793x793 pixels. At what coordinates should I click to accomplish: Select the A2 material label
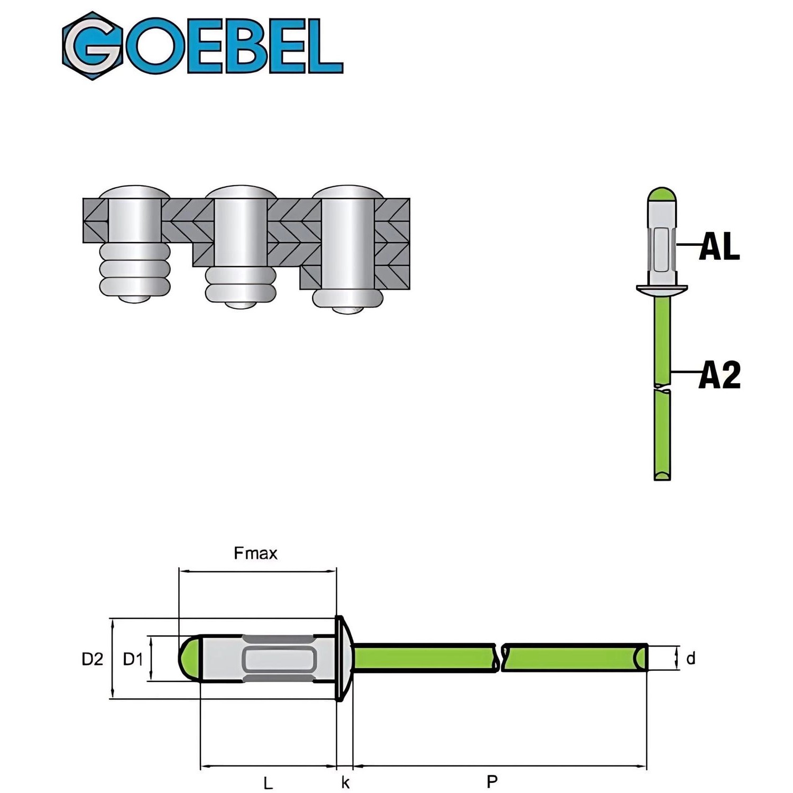pos(720,375)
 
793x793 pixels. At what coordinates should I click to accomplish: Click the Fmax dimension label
pos(255,554)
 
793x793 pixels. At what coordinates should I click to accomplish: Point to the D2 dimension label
pos(92,659)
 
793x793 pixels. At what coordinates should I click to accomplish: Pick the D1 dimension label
pos(133,659)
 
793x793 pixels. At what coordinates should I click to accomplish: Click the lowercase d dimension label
pos(690,659)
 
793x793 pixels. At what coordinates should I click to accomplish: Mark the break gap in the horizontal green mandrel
pos(500,658)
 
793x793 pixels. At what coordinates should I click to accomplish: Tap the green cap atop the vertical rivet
pos(662,196)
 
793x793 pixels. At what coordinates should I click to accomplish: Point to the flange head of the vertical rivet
pos(662,289)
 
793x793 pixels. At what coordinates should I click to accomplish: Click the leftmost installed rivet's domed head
pos(135,192)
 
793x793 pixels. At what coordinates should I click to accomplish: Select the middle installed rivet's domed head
pos(241,192)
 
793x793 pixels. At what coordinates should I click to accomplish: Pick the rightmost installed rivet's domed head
pos(347,191)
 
